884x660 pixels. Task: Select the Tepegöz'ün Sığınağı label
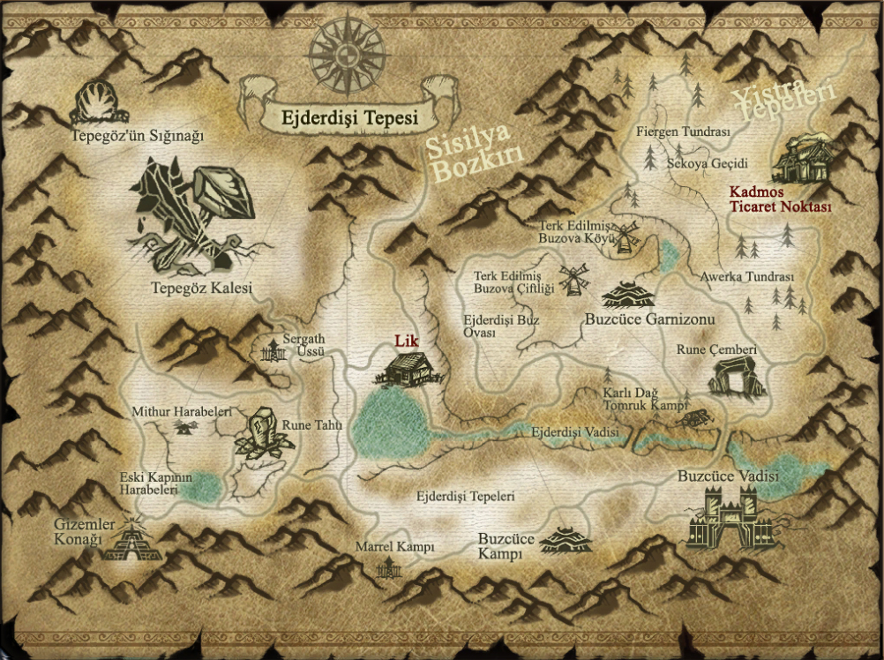click(138, 136)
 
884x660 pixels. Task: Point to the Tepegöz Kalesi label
click(201, 289)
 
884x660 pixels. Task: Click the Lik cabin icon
click(406, 367)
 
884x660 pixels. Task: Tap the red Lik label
click(405, 341)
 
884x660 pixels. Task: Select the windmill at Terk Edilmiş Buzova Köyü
click(625, 236)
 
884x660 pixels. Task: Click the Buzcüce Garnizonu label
click(649, 319)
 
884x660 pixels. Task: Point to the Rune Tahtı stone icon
click(262, 433)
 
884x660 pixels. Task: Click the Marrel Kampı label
click(394, 547)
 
